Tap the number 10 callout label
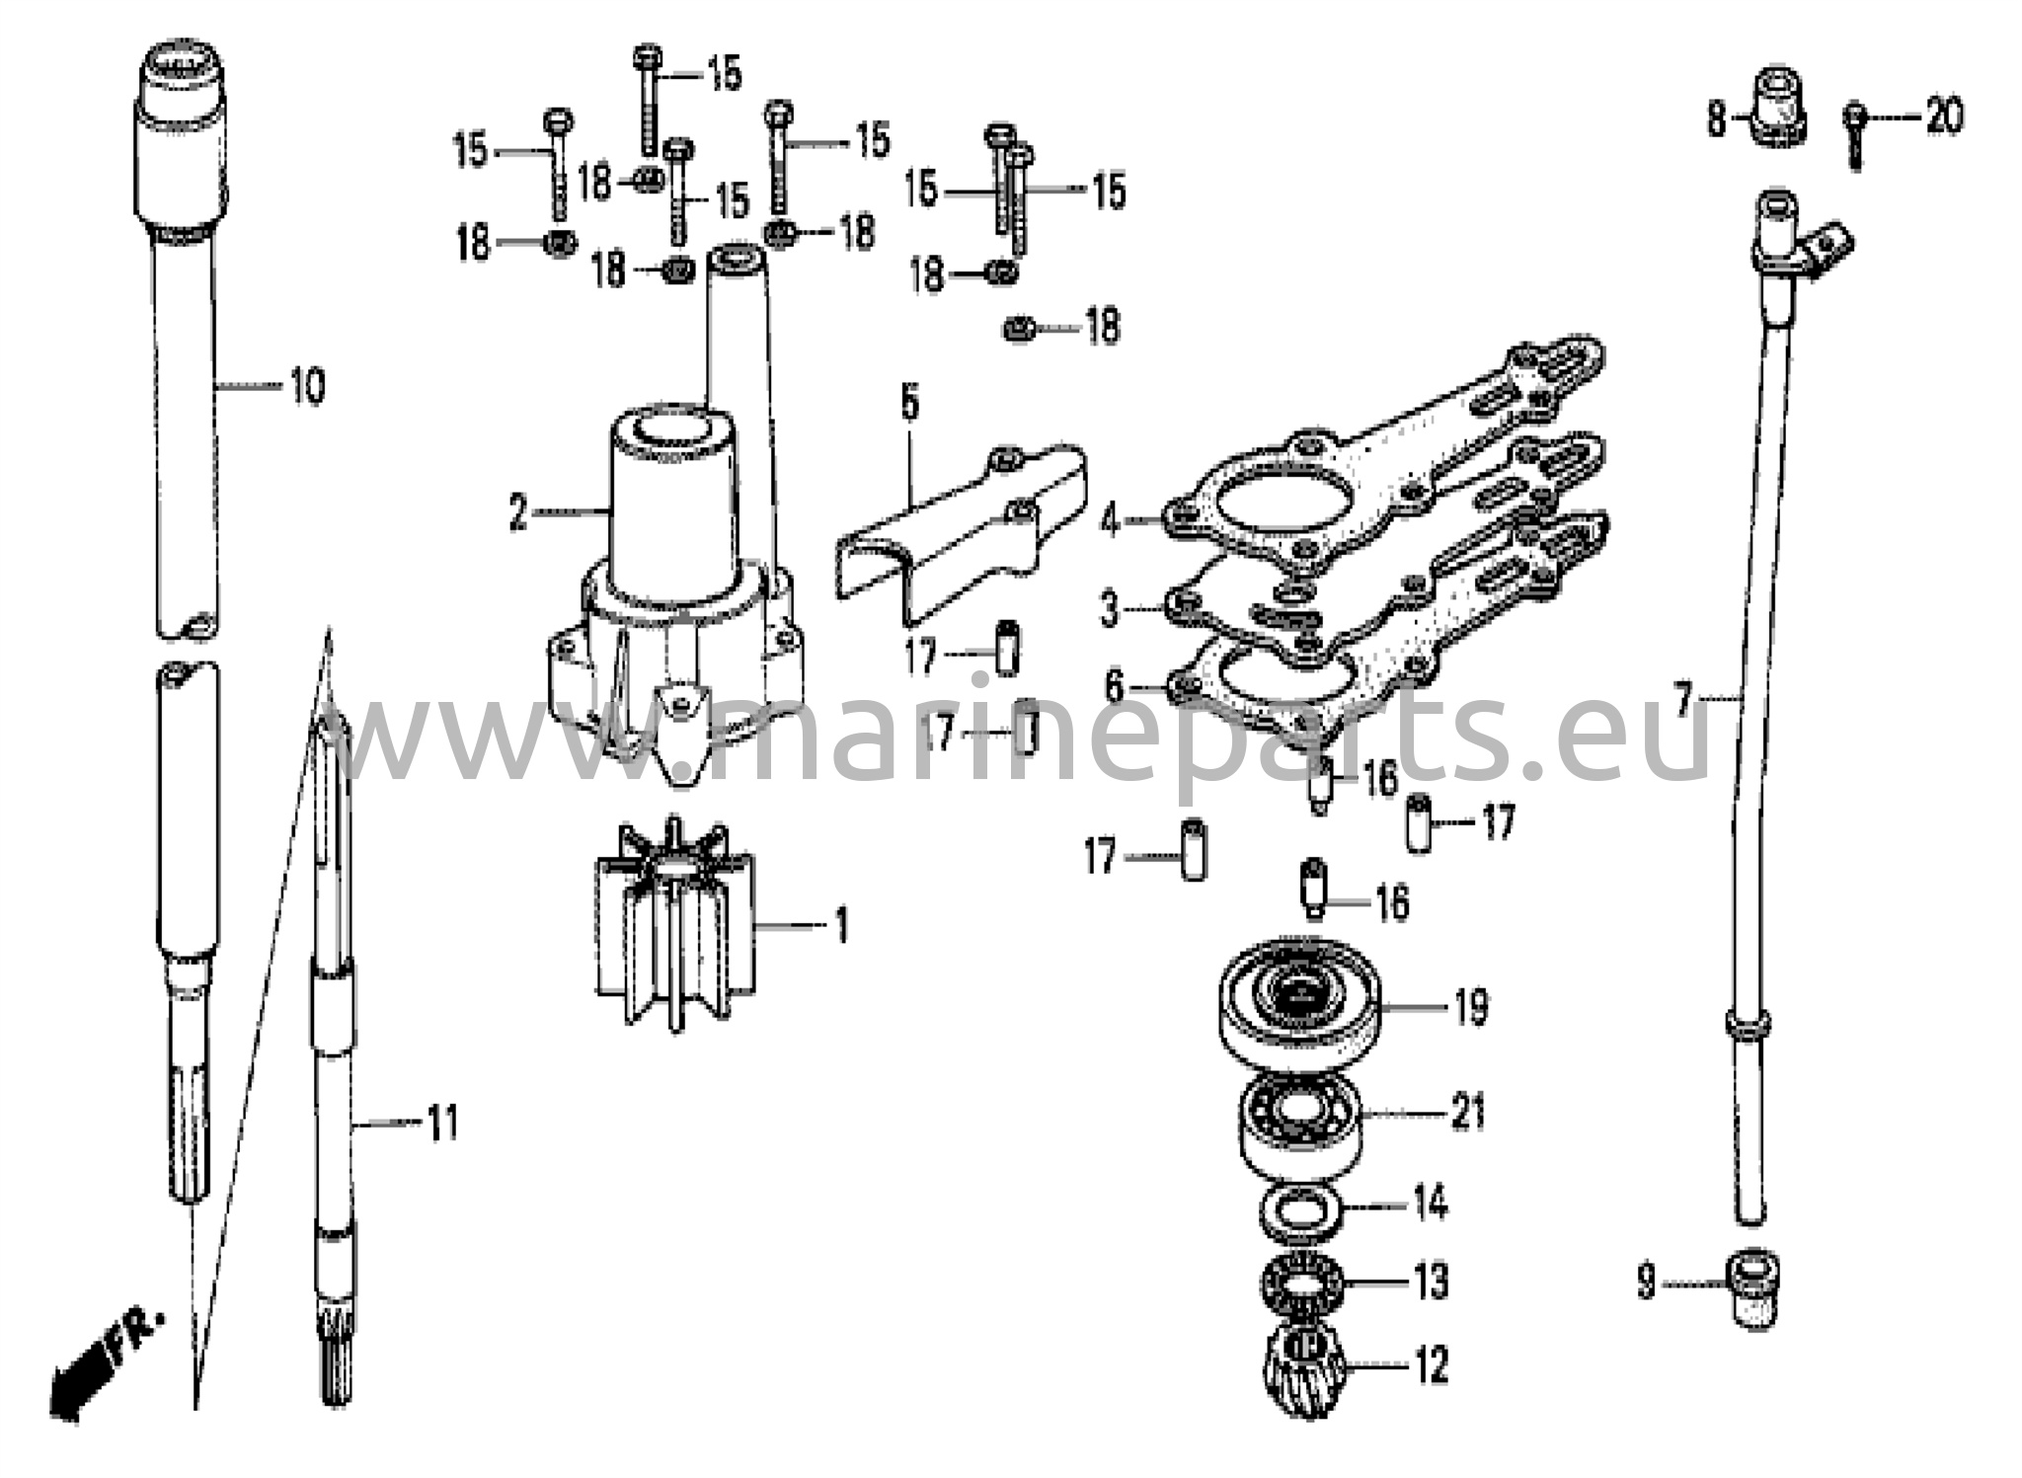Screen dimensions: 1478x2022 307,386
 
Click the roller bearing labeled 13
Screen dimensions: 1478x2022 1300,1282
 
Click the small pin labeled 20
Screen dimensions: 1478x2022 1854,133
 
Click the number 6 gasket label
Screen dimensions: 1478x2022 1114,685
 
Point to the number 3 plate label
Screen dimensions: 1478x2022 1110,608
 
